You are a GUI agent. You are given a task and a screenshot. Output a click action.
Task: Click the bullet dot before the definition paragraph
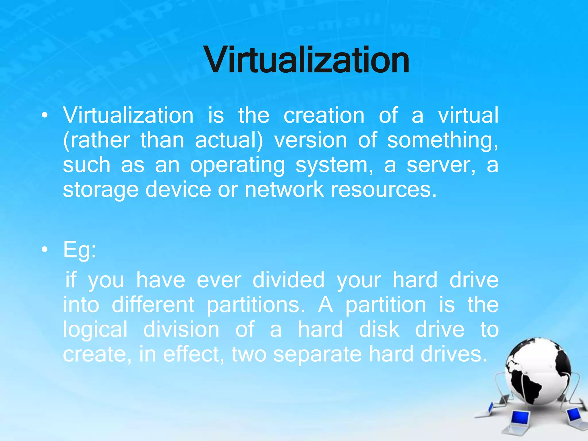45,115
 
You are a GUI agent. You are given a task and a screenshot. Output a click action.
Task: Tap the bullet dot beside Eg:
45,250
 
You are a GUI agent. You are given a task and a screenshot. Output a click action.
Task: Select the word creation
324,115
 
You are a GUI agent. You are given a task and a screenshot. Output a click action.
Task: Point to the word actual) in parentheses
229,140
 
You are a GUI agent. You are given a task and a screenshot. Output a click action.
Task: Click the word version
311,140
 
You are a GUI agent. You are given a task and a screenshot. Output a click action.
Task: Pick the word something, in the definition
442,140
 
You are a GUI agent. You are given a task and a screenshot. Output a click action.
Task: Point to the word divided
288,280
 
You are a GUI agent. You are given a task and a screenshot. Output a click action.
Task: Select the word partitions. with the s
256,305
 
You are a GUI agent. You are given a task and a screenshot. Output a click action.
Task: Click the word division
181,330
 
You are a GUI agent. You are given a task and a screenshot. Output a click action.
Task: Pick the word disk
379,330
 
